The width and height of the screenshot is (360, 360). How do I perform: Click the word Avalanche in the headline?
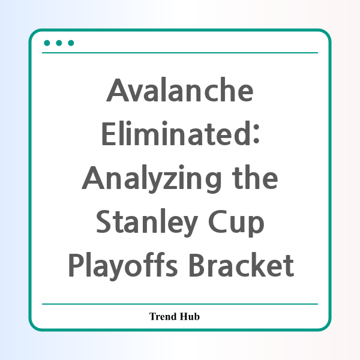coord(180,89)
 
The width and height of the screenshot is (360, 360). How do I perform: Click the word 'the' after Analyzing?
coord(255,177)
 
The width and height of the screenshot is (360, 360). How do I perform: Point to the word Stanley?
coord(147,223)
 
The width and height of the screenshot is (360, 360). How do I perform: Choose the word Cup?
coord(236,223)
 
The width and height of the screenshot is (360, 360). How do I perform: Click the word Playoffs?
coord(123,266)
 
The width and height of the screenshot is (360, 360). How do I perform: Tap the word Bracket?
coord(241,265)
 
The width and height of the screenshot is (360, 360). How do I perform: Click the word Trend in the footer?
coord(163,316)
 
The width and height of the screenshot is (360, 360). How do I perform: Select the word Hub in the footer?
coord(190,316)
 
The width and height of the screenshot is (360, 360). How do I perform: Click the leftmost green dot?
coord(47,43)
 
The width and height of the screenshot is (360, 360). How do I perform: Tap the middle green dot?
coord(59,43)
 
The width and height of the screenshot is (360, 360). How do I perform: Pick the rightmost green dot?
coord(71,43)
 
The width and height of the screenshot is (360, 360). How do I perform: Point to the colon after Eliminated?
coord(257,134)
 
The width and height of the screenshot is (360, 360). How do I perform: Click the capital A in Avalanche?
coord(118,90)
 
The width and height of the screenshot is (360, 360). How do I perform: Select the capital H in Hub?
coord(184,316)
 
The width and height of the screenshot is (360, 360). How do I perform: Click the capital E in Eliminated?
coord(109,134)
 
